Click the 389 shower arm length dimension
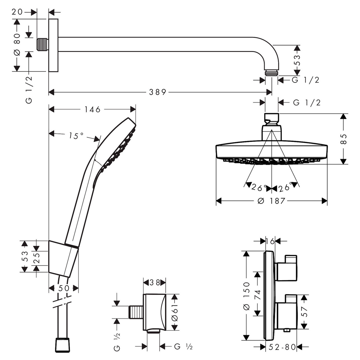pos(157,92)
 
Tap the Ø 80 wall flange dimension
pos(17,44)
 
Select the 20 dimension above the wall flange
pos(17,12)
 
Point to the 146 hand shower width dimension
pos(92,109)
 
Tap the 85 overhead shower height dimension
pos(343,139)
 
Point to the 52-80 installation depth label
pos(283,347)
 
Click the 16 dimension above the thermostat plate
pos(270,241)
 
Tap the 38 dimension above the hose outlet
pos(155,283)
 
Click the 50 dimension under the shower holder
pos(64,288)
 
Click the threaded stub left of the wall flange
pos(42,45)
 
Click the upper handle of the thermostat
pos(286,268)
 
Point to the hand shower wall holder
pos(63,259)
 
